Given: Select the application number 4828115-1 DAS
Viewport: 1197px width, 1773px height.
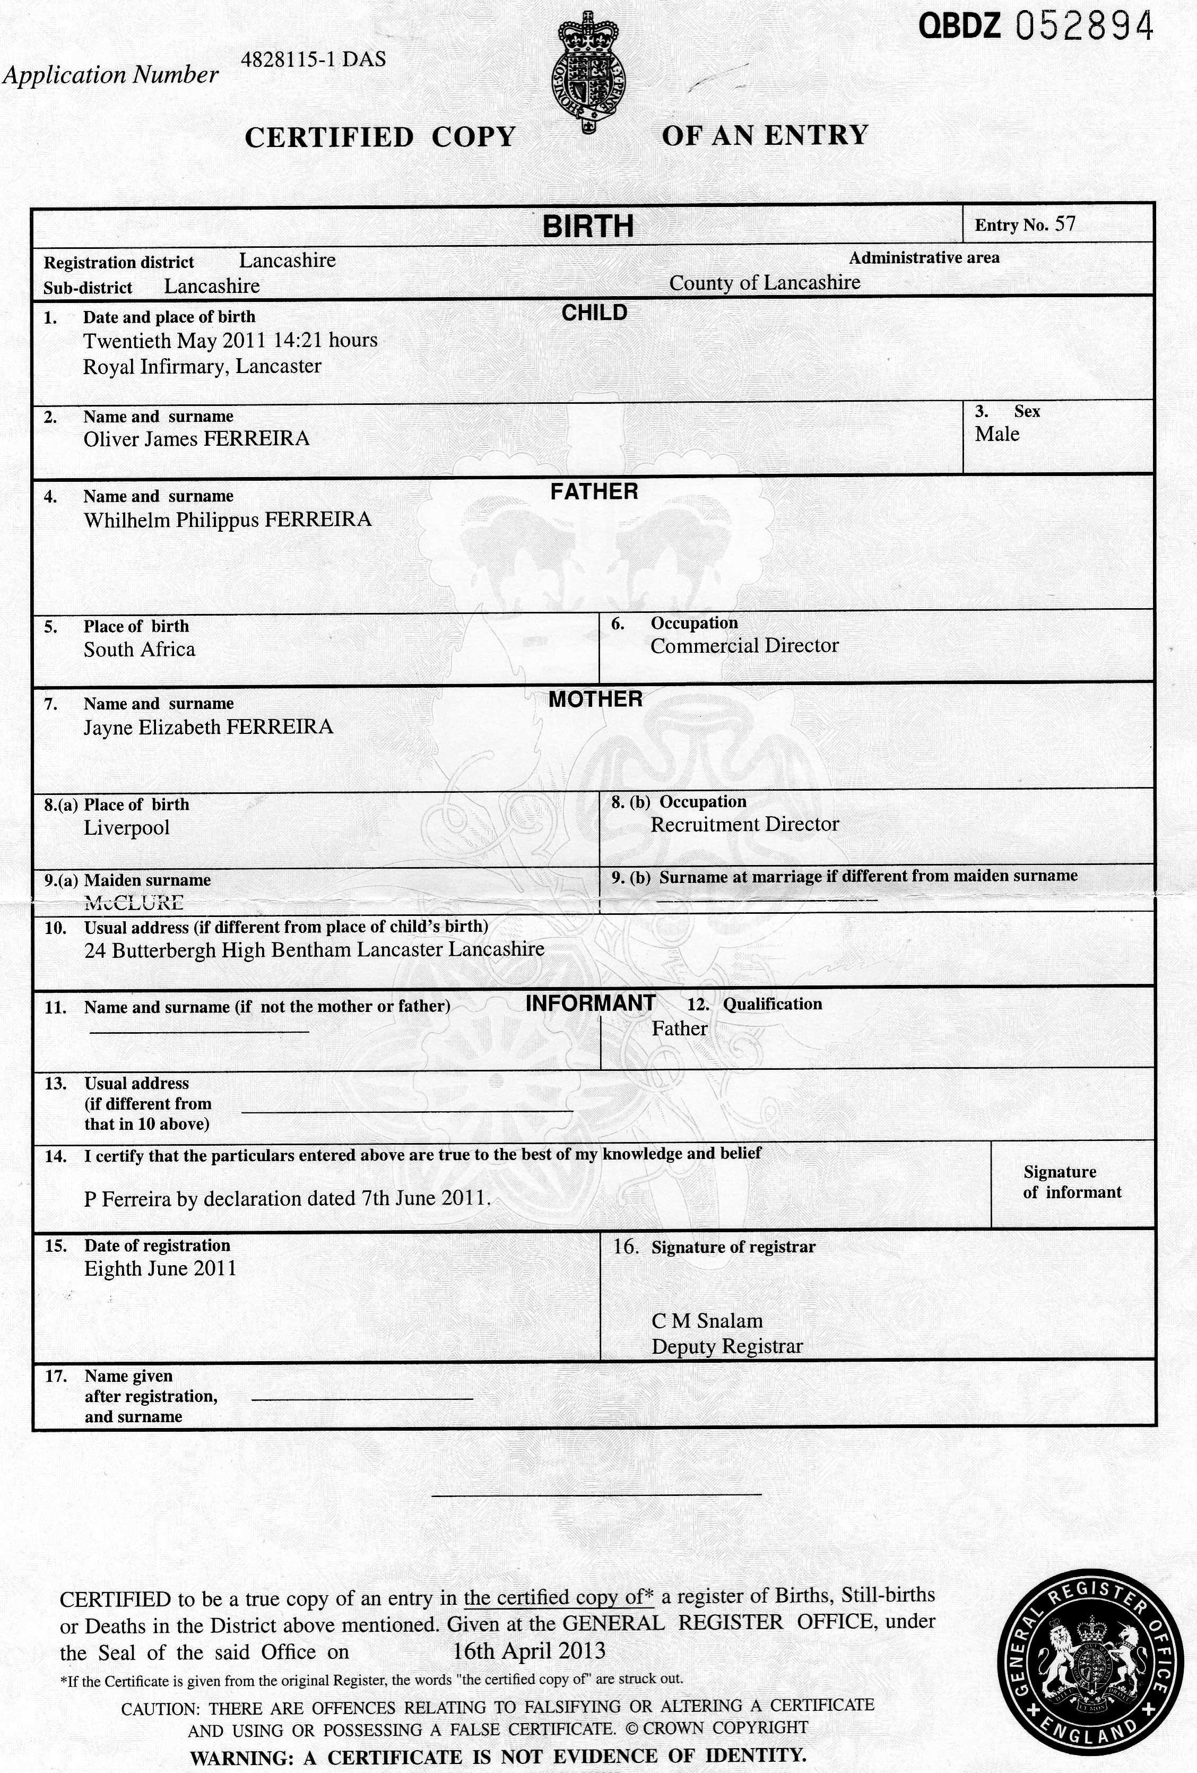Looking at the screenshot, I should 313,59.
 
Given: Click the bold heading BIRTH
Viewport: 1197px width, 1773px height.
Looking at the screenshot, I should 587,227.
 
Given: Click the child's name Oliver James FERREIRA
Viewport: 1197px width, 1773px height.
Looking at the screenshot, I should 196,439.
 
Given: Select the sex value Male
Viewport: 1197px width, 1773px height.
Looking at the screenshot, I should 996,434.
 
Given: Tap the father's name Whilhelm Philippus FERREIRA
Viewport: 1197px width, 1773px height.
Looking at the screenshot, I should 227,520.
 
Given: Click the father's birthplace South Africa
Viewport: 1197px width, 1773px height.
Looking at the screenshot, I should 139,650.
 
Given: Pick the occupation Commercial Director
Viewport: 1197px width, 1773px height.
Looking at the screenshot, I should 744,646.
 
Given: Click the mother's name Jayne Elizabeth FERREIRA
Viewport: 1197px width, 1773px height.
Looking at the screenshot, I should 209,727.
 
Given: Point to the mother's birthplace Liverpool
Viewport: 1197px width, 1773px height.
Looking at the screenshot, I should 127,828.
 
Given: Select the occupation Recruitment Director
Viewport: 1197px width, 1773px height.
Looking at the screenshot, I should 744,825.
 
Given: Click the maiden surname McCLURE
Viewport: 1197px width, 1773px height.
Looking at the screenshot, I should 134,903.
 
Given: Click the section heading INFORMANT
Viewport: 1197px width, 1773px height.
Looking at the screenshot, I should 589,1003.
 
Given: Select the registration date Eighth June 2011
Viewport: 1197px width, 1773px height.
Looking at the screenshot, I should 160,1269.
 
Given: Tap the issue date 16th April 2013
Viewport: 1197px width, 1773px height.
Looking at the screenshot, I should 528,1651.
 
